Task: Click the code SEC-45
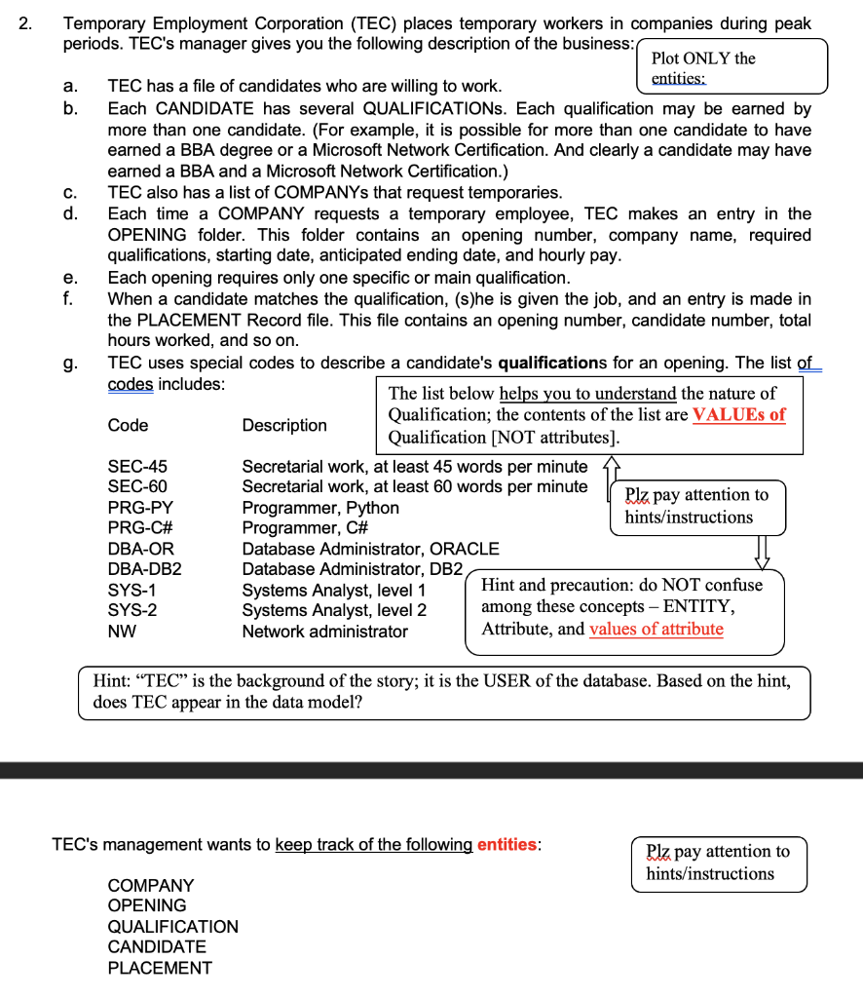click(136, 467)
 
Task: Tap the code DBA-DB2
click(144, 569)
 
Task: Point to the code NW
click(122, 631)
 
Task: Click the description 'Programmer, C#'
click(304, 528)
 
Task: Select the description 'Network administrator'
click(324, 631)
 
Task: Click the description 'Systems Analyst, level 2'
click(334, 610)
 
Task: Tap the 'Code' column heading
click(128, 425)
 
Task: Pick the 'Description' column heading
click(284, 425)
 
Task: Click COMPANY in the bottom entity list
click(150, 885)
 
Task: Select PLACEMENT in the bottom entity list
click(160, 968)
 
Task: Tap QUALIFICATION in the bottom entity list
click(172, 927)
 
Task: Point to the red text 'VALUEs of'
click(738, 414)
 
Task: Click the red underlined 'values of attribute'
click(657, 629)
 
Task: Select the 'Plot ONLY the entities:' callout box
click(731, 66)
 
